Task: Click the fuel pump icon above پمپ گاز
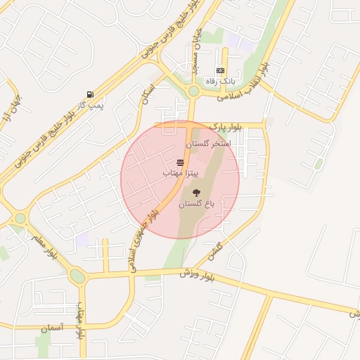[x=90, y=95]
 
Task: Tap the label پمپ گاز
[x=90, y=105]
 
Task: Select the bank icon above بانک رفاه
[x=221, y=71]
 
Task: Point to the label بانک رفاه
[x=219, y=82]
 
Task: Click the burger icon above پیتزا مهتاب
[x=181, y=162]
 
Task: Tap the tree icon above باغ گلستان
[x=196, y=193]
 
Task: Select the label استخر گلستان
[x=208, y=143]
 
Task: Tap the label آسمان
[x=52, y=328]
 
